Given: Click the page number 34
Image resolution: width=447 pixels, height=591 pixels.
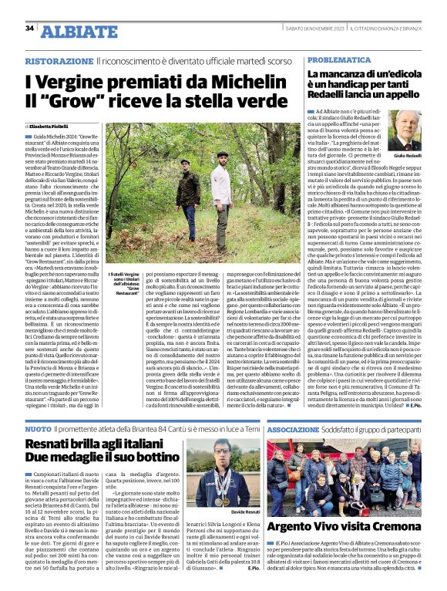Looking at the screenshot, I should click(x=30, y=29).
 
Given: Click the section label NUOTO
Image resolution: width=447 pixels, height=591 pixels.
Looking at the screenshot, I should click(x=39, y=428).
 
